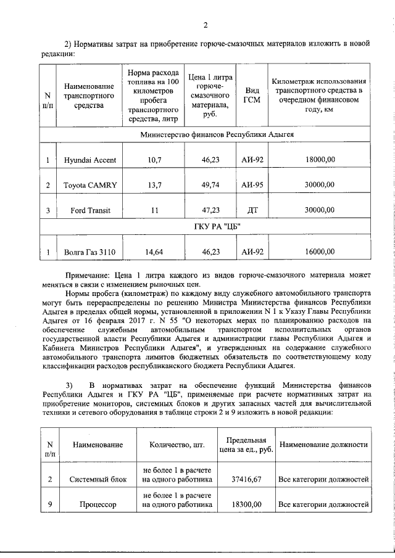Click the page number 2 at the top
[x=205, y=25]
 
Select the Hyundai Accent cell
[x=90, y=160]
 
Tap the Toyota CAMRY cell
[x=90, y=185]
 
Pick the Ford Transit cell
[x=90, y=210]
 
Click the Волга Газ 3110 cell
[x=90, y=252]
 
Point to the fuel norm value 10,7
[x=151, y=160]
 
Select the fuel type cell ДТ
[x=252, y=210]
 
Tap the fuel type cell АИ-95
[x=252, y=185]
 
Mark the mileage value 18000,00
[x=320, y=160]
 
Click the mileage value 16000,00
[x=320, y=252]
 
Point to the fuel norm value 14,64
[x=151, y=252]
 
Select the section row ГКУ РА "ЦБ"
[x=207, y=228]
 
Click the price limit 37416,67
[x=246, y=479]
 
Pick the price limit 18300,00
[x=246, y=505]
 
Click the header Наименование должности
[x=323, y=445]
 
